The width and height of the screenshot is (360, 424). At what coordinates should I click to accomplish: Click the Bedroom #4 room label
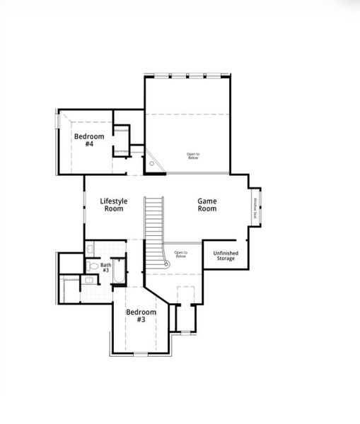tap(89, 140)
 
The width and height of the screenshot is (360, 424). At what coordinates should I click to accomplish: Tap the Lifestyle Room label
tap(114, 205)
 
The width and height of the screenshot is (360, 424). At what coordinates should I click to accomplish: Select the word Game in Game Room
tap(207, 201)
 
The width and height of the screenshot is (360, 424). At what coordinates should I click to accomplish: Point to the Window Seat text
tap(255, 208)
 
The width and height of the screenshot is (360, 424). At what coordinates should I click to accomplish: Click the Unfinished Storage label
tap(226, 256)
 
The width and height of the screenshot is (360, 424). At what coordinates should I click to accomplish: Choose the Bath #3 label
tap(105, 267)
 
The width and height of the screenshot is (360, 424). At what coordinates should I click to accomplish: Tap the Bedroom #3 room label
tap(141, 315)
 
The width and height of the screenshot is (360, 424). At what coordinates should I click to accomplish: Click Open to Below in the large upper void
tap(193, 155)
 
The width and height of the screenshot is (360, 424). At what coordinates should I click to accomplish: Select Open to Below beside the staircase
tap(181, 254)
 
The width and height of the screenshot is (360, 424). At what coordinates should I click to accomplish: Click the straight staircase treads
tap(154, 219)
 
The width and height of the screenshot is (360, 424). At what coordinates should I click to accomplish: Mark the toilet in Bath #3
tap(93, 266)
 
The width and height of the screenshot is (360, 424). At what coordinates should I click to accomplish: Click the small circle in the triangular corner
tap(152, 164)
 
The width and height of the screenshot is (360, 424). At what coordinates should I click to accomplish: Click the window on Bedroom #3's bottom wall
tap(141, 353)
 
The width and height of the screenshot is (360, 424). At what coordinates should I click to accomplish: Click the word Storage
tap(226, 259)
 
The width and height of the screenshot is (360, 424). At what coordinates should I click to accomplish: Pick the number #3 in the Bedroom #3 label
tap(141, 319)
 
